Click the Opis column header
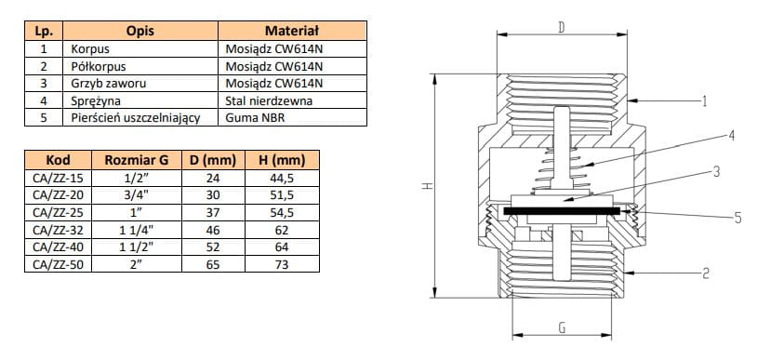click(x=140, y=31)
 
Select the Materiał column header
click(x=292, y=31)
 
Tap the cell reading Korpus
click(x=90, y=49)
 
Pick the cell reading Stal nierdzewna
click(x=269, y=100)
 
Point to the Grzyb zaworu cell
click(x=109, y=83)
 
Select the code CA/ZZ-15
click(x=58, y=178)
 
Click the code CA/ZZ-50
click(x=58, y=264)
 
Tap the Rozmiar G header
click(x=137, y=160)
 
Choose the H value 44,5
click(x=282, y=178)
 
